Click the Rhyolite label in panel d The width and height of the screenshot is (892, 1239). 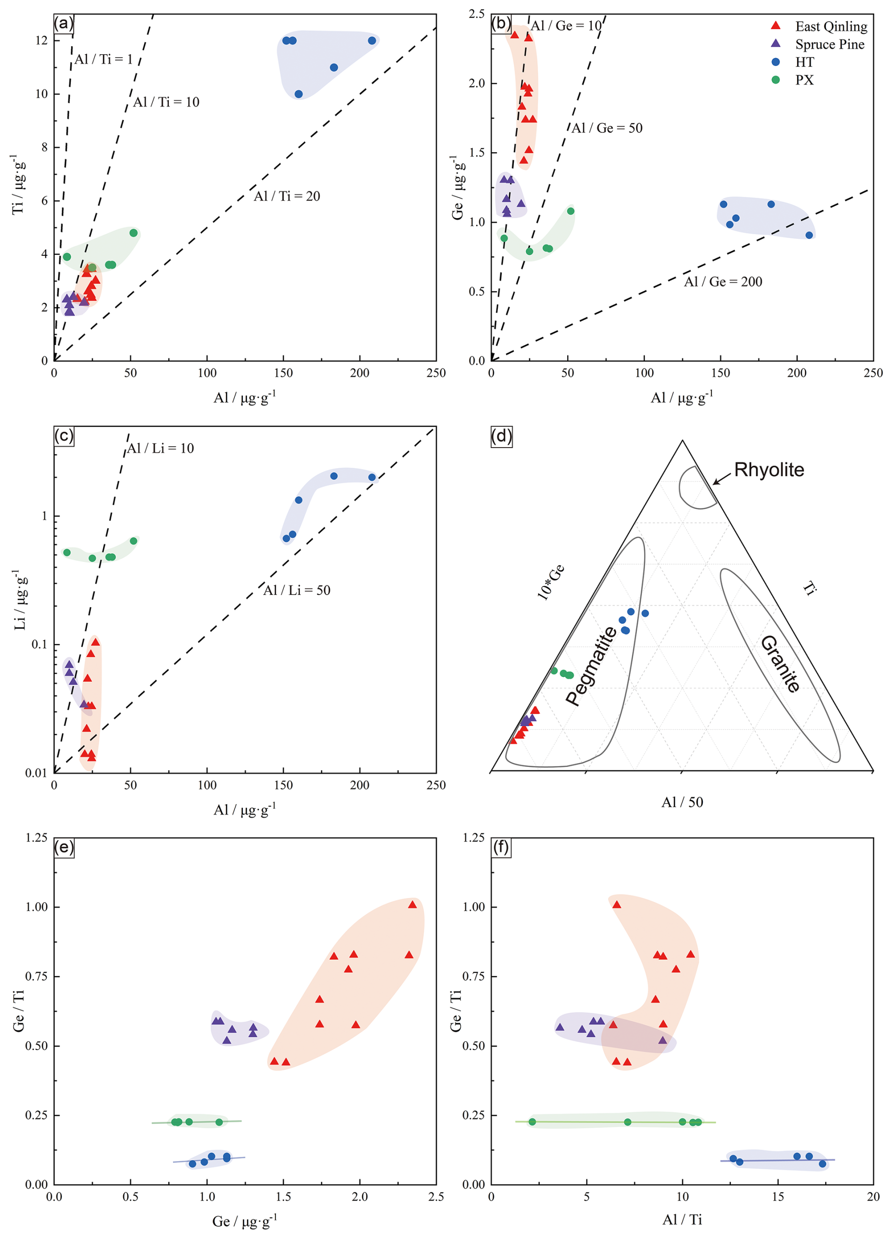768,470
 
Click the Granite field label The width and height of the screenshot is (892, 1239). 781,664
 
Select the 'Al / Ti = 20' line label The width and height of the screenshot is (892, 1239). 287,196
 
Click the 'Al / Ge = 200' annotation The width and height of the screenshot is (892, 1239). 723,281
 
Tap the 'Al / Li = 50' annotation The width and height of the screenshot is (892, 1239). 297,590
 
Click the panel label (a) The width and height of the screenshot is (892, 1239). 63,24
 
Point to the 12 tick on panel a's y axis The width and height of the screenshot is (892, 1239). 41,41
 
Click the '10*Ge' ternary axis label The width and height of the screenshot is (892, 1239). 551,582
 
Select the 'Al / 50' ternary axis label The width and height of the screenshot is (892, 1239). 682,802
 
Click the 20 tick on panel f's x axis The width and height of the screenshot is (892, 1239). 873,1197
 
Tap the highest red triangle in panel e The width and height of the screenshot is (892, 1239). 412,905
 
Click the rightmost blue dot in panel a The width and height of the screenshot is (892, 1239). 372,41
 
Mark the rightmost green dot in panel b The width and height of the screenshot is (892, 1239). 570,211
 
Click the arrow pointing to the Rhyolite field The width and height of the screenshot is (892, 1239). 721,479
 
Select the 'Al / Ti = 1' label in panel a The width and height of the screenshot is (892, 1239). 103,59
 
